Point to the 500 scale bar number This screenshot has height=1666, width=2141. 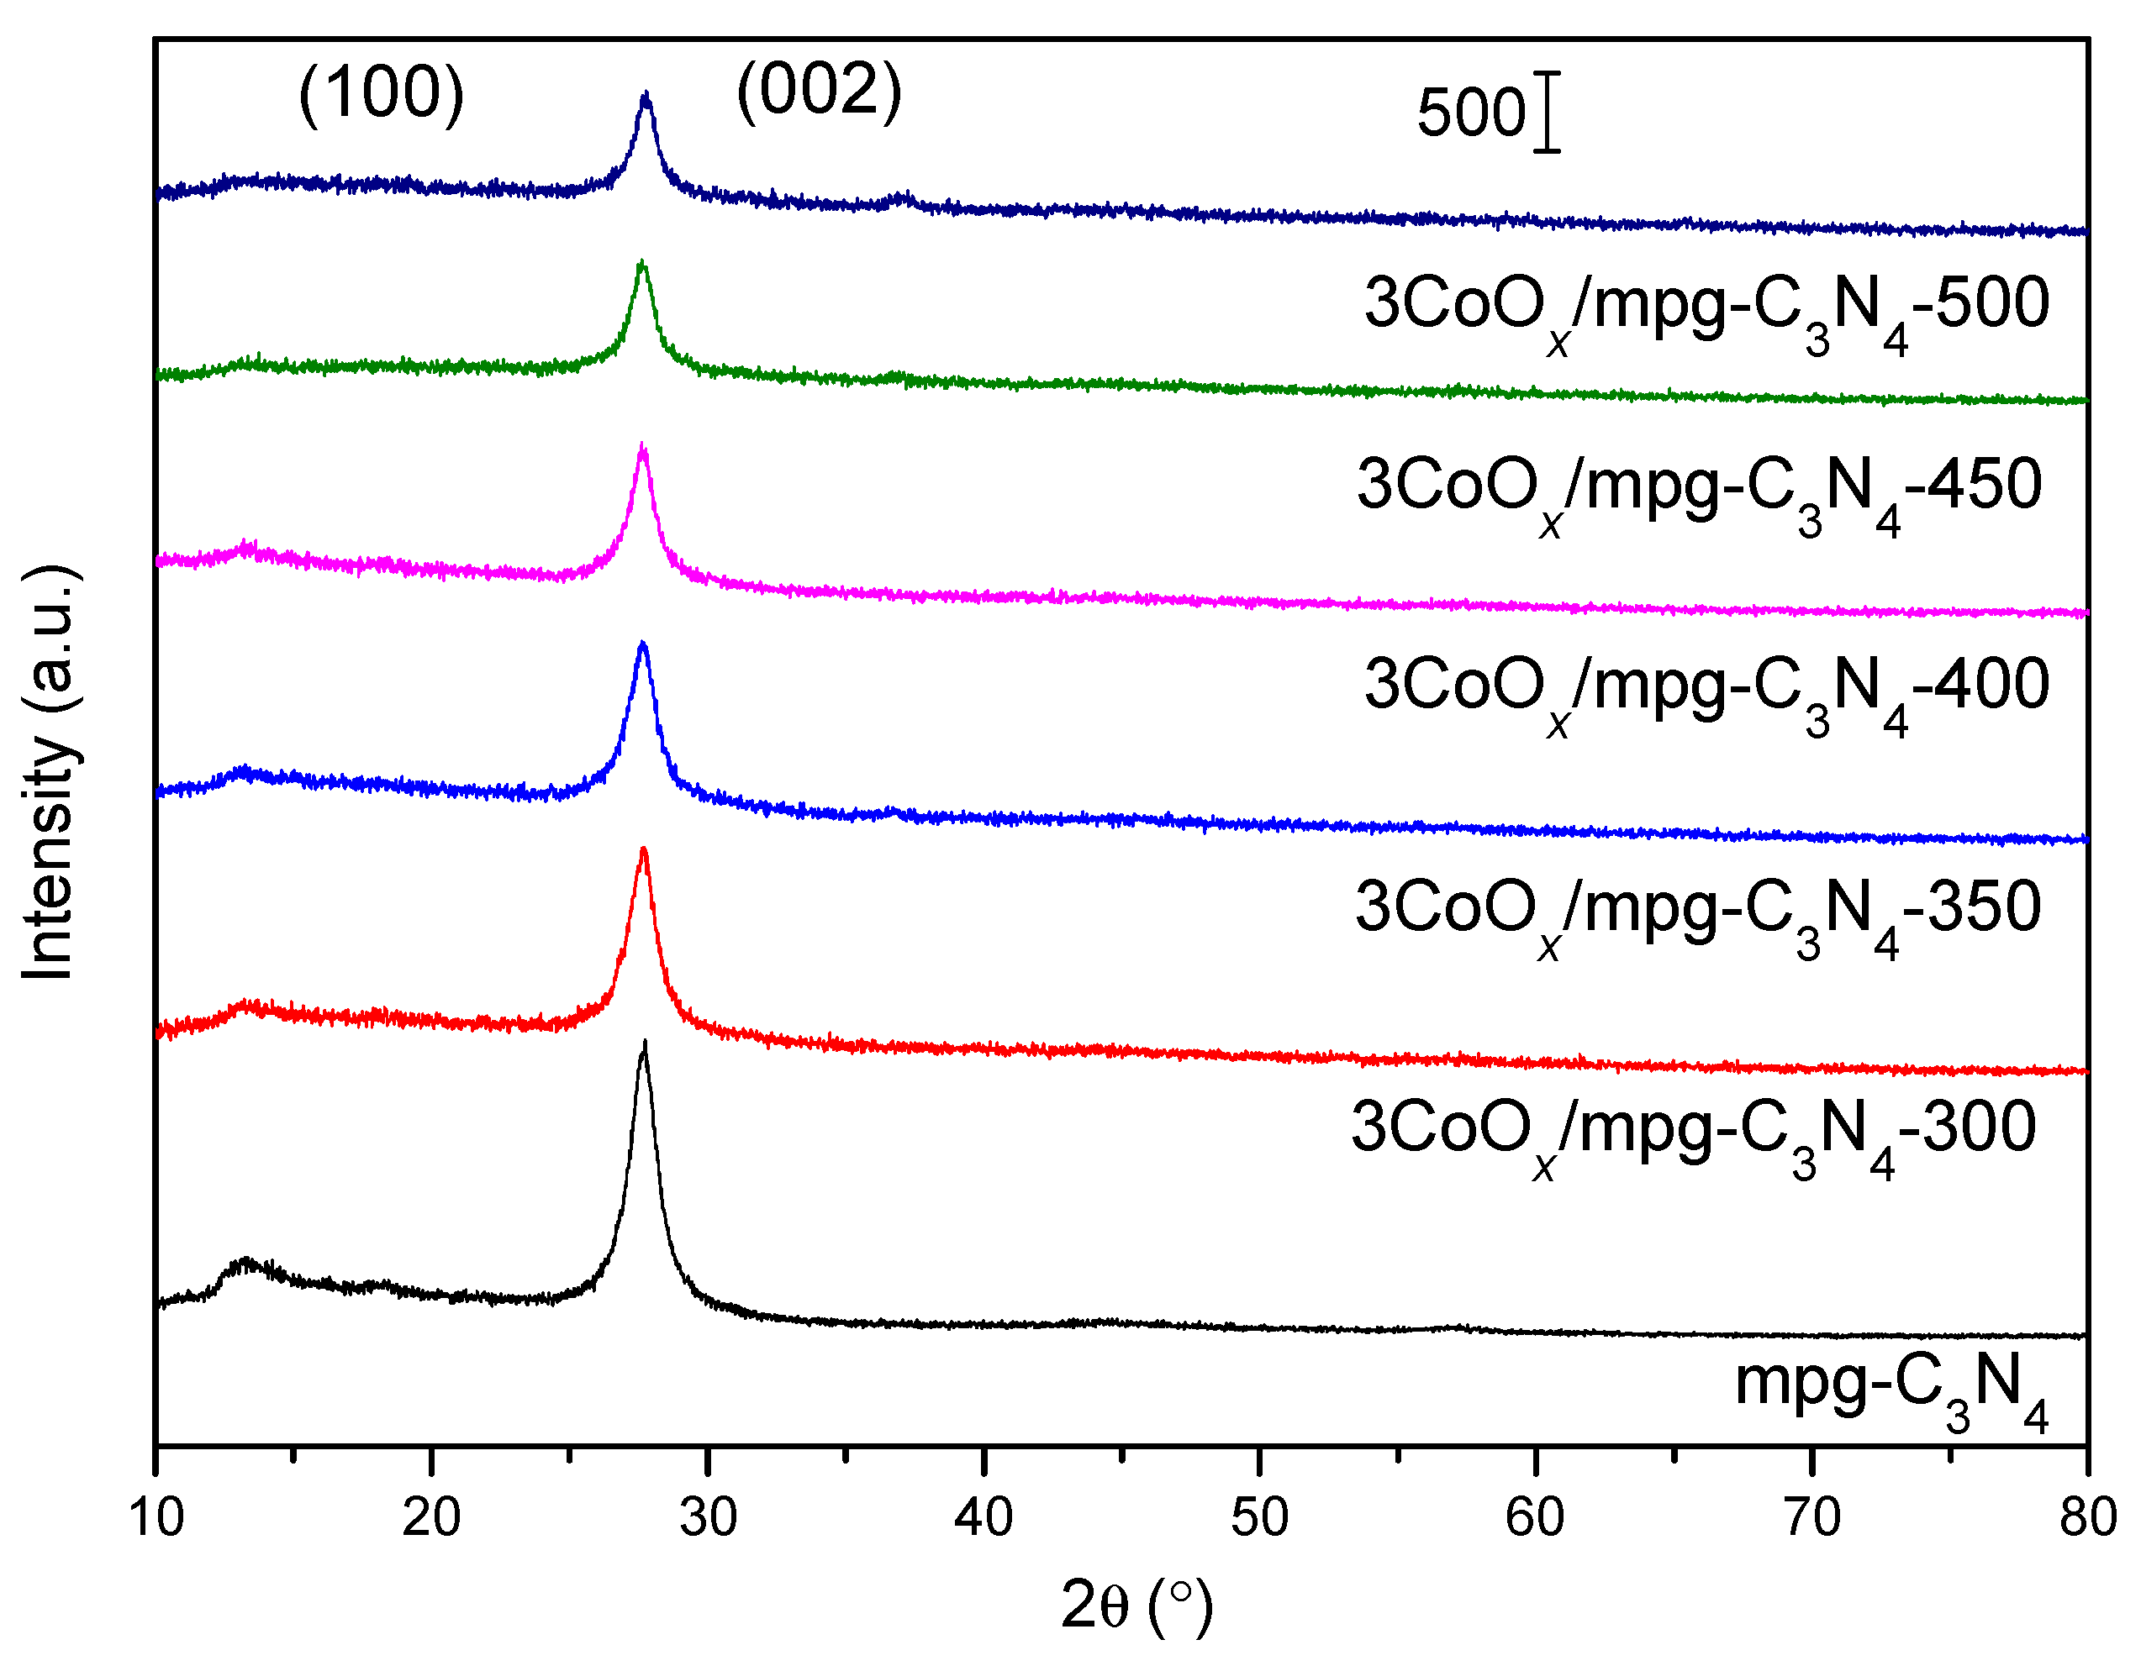click(1470, 112)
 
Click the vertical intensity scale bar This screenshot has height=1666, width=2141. click(1547, 112)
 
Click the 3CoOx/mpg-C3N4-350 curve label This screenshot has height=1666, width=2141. click(1698, 911)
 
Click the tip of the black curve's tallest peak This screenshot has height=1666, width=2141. click(644, 1044)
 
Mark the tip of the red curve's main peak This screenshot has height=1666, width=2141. click(643, 850)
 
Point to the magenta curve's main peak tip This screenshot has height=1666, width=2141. click(643, 447)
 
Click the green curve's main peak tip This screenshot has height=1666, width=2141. click(642, 263)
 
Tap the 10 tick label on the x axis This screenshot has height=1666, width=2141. click(156, 1518)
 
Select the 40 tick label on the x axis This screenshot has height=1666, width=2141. click(983, 1518)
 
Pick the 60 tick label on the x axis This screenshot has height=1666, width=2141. click(1535, 1518)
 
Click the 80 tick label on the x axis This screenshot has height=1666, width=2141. click(2087, 1518)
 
